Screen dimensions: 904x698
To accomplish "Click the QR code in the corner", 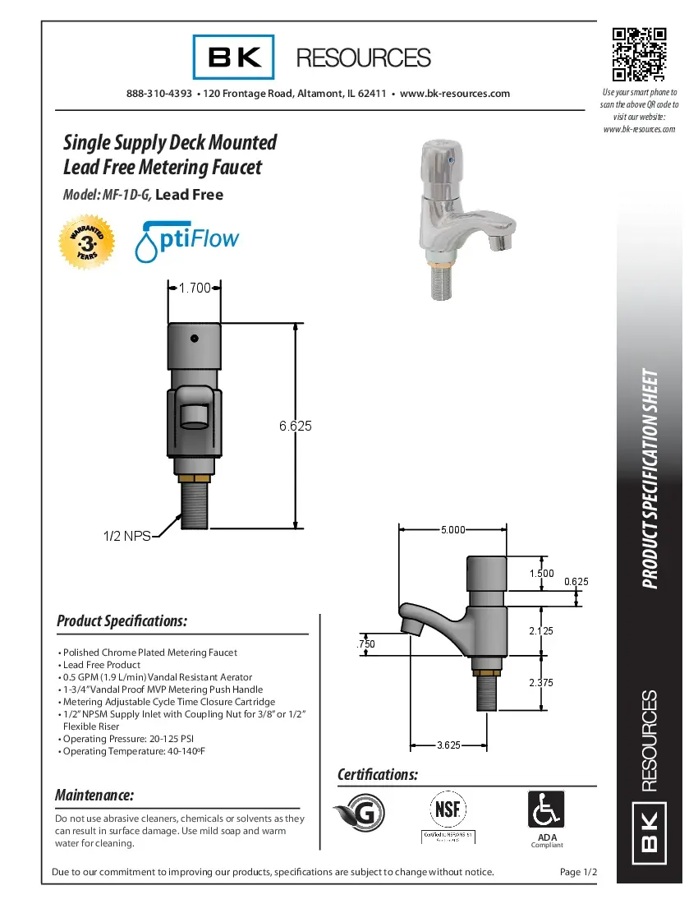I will (x=639, y=55).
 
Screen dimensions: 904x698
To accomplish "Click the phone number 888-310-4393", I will (x=159, y=94).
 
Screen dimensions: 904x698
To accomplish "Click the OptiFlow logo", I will (x=187, y=240).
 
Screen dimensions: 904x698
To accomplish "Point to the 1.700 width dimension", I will (x=195, y=288).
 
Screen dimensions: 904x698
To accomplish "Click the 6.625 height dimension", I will (x=296, y=426).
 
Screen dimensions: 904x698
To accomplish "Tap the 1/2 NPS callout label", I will (x=126, y=536).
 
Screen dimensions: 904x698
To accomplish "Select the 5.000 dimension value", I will (x=452, y=529).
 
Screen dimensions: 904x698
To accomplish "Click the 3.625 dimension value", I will (x=448, y=745).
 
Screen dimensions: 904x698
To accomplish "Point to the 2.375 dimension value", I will (x=542, y=682).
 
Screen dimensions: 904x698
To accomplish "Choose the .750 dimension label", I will (x=365, y=645).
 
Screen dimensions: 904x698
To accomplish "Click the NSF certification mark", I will (x=448, y=810).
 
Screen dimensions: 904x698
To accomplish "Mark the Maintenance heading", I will (x=94, y=796).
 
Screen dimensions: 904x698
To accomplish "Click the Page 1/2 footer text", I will (x=578, y=872).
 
